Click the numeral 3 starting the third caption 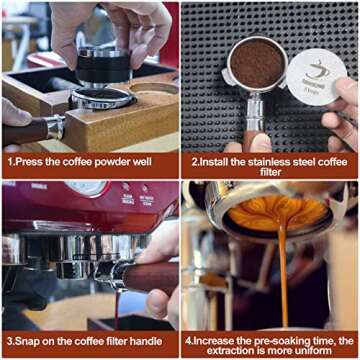click(x=8, y=339)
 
